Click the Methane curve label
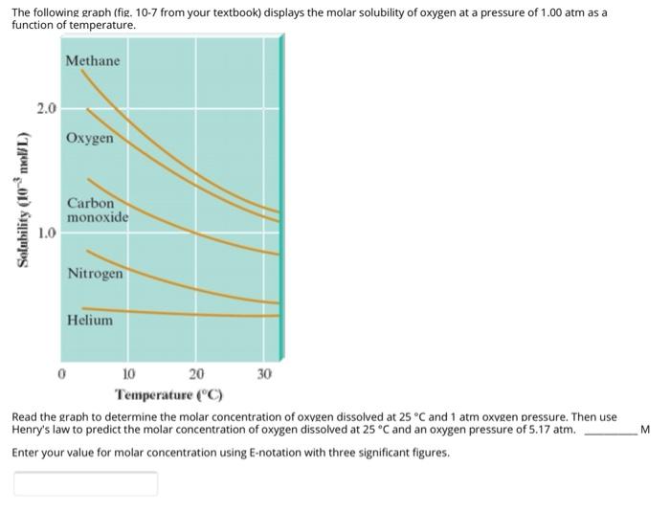93,61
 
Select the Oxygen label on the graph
90,139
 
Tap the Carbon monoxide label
97,211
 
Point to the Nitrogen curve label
95,274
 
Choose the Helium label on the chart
90,321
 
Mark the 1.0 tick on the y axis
47,233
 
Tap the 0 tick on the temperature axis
61,374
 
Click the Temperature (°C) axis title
168,394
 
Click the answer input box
85,483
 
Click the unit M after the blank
644,430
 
